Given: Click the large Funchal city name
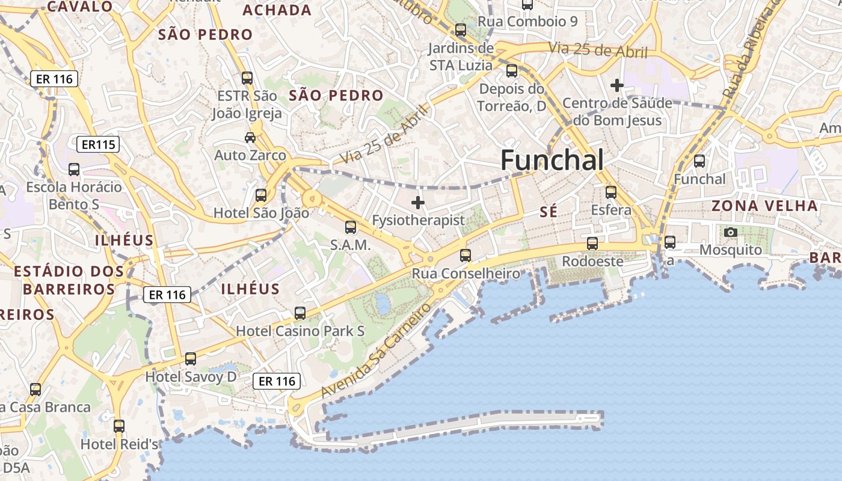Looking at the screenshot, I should pyautogui.click(x=552, y=161).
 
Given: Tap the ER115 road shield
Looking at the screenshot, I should pyautogui.click(x=98, y=144).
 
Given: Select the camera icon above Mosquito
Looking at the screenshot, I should pyautogui.click(x=731, y=232).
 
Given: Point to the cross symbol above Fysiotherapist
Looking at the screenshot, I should pyautogui.click(x=418, y=203).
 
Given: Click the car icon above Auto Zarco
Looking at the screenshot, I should pyautogui.click(x=250, y=138).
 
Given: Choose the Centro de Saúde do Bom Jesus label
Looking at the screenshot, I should pyautogui.click(x=617, y=111).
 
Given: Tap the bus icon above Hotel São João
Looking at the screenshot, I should pyautogui.click(x=261, y=195).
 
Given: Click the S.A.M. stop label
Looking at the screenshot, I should pyautogui.click(x=350, y=245).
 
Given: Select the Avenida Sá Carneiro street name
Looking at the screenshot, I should pyautogui.click(x=376, y=351).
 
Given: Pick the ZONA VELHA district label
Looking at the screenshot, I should pyautogui.click(x=765, y=206).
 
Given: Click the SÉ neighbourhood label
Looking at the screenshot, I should pyautogui.click(x=549, y=212).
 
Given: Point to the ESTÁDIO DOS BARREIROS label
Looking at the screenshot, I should pyautogui.click(x=69, y=280).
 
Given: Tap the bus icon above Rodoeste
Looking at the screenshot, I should pyautogui.click(x=592, y=244).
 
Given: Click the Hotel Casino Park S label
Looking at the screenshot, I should pyautogui.click(x=300, y=331).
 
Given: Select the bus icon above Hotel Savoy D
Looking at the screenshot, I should pyautogui.click(x=191, y=359).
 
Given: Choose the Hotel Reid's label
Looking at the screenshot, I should pyautogui.click(x=119, y=444).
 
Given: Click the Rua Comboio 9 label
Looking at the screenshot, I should pyautogui.click(x=527, y=22).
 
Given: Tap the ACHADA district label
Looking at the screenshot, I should pyautogui.click(x=277, y=10).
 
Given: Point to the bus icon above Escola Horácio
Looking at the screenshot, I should pyautogui.click(x=74, y=170).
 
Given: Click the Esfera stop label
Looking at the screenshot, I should pyautogui.click(x=611, y=210).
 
